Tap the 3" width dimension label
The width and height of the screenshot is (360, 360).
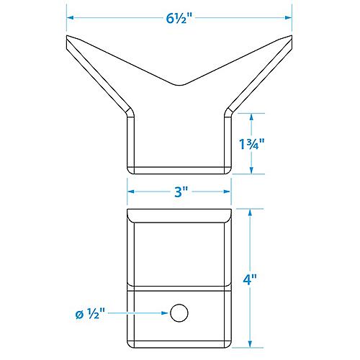pyautogui.click(x=180, y=192)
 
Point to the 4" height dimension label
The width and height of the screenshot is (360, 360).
pyautogui.click(x=262, y=276)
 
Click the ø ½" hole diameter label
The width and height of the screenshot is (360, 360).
pyautogui.click(x=91, y=313)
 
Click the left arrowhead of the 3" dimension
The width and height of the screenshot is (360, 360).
pyautogui.click(x=130, y=192)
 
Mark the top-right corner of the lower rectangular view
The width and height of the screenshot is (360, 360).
pyautogui.click(x=231, y=210)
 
